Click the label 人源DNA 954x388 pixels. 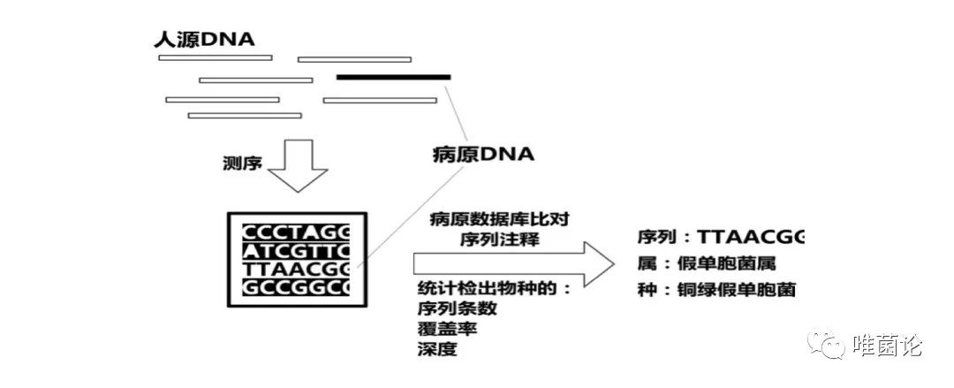pos(203,39)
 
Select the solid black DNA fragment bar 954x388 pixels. pos(394,77)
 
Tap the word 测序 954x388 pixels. pos(243,164)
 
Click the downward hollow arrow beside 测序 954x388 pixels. pos(297,167)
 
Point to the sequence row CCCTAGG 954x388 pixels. pos(298,232)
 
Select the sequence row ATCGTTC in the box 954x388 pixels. pos(298,250)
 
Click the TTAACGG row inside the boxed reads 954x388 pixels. pos(298,269)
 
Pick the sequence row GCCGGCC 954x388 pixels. pos(298,287)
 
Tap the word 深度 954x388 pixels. pos(437,348)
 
